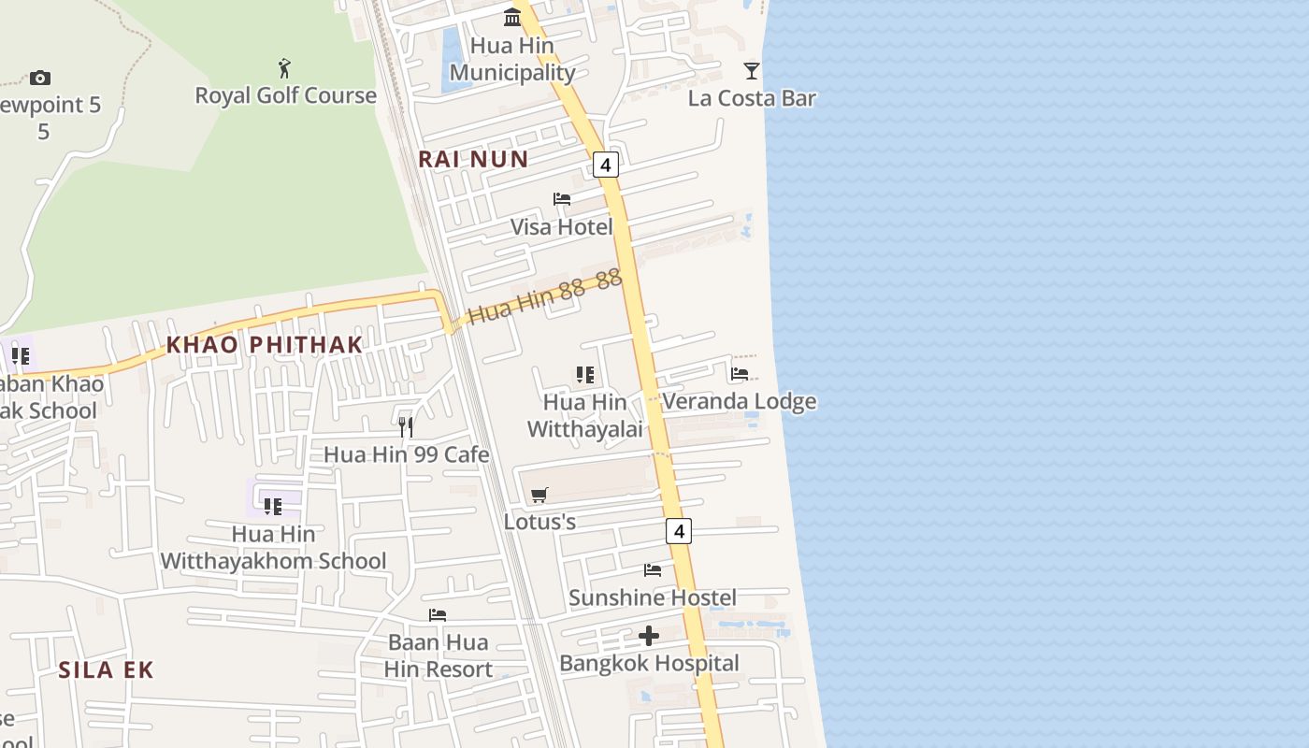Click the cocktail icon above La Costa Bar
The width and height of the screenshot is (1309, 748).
tap(751, 71)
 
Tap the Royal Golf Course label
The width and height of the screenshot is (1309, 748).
tap(285, 95)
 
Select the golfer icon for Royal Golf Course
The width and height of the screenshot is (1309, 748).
tap(285, 68)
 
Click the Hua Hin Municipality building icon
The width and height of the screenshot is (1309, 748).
tap(512, 18)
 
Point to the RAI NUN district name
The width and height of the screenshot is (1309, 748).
tap(473, 159)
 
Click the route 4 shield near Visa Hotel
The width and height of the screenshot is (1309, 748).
tap(606, 165)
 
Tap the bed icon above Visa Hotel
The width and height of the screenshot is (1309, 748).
tap(562, 199)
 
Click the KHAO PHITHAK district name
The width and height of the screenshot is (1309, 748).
tap(264, 344)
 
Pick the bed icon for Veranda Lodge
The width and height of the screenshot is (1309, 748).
tap(740, 374)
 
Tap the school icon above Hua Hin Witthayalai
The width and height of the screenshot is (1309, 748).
tap(585, 375)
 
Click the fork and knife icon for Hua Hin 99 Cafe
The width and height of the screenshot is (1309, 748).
tap(406, 427)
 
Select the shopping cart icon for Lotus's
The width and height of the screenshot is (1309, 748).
tap(539, 495)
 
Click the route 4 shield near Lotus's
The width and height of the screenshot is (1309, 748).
tap(679, 531)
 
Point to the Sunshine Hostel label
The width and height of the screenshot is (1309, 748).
tap(652, 597)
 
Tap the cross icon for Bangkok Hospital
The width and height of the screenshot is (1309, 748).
tap(649, 637)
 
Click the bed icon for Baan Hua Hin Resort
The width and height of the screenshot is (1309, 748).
tap(438, 615)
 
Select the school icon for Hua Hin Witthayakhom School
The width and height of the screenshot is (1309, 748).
tap(272, 507)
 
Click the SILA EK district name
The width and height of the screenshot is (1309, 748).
tap(106, 669)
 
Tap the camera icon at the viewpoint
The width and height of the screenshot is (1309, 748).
tap(39, 78)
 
